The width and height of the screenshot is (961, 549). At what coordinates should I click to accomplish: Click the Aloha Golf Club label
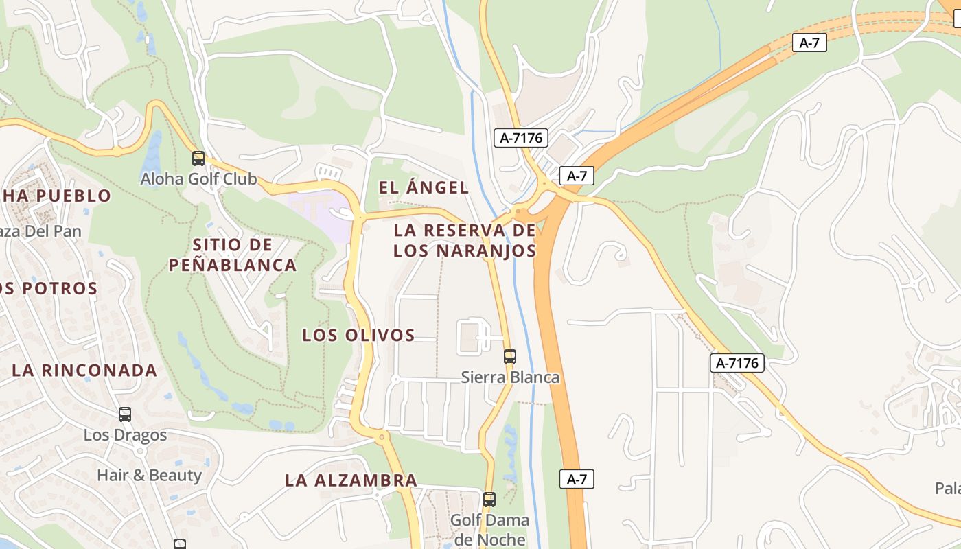[x=198, y=179]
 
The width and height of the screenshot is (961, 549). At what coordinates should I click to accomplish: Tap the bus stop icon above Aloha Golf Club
[x=198, y=159]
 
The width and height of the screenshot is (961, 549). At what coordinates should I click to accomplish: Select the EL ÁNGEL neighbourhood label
[x=424, y=187]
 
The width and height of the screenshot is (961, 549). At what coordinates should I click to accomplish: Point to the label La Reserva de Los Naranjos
[x=465, y=240]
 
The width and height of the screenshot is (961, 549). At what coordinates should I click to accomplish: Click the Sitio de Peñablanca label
[x=233, y=255]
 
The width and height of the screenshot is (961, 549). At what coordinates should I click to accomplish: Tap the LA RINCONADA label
[x=84, y=371]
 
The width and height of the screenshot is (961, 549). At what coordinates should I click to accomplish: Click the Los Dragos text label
[x=125, y=435]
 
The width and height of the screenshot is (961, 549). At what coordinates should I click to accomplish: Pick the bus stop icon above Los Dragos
[x=124, y=414]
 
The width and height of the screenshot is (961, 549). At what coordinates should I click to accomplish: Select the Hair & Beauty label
[x=149, y=475]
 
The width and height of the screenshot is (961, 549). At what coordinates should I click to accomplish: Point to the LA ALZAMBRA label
[x=351, y=480]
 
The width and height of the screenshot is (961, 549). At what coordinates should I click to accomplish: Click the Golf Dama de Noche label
[x=489, y=529]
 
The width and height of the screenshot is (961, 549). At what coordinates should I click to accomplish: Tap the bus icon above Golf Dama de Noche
[x=489, y=500]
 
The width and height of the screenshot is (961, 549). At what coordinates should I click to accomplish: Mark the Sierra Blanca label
[x=510, y=377]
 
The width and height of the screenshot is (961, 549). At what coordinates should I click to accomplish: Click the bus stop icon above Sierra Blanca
[x=509, y=357]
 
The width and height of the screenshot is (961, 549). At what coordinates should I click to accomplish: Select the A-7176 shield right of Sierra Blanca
[x=737, y=363]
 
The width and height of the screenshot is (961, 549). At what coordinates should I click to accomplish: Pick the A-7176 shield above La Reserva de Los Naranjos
[x=521, y=138]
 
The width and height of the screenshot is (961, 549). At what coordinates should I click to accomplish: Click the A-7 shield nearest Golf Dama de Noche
[x=577, y=479]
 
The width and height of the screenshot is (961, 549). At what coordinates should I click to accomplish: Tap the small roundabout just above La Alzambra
[x=382, y=436]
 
